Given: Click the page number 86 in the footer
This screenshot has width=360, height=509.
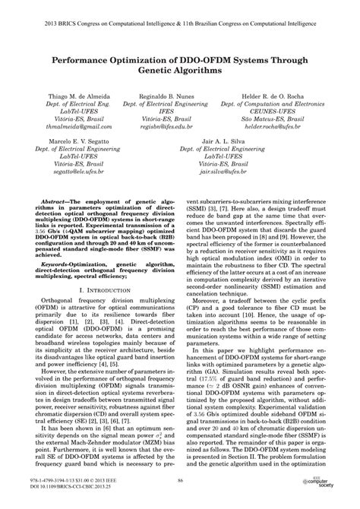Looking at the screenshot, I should [180, 479].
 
